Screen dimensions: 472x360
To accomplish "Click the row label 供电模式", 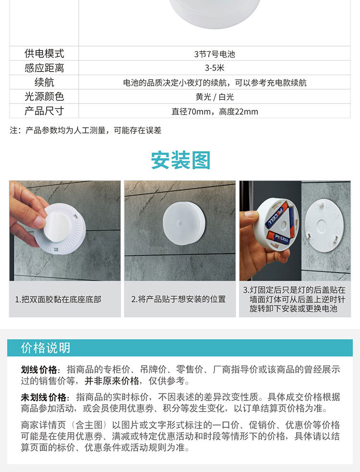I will click(44, 54).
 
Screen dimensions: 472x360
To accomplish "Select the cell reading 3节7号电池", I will click(215, 54).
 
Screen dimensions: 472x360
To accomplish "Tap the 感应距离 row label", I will click(44, 68).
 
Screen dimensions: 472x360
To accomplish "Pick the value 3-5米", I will click(215, 68).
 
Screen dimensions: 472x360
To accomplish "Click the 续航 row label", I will click(44, 83).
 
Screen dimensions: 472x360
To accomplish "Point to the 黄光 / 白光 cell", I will click(215, 97).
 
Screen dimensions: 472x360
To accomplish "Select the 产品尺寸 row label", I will click(44, 111).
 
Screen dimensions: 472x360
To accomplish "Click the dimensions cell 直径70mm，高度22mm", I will click(215, 112).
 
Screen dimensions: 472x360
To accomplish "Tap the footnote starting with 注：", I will click(85, 130).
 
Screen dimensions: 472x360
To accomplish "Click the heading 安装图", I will click(180, 160).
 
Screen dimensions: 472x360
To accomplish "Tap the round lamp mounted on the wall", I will click(183, 224).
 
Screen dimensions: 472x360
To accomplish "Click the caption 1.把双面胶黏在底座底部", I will click(58, 299).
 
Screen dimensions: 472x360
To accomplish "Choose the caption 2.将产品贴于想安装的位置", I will click(179, 299).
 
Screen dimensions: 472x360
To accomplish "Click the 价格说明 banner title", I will click(46, 348).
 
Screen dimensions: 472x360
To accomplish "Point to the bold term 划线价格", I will click(39, 370).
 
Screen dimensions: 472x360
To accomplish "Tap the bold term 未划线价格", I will click(44, 398).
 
